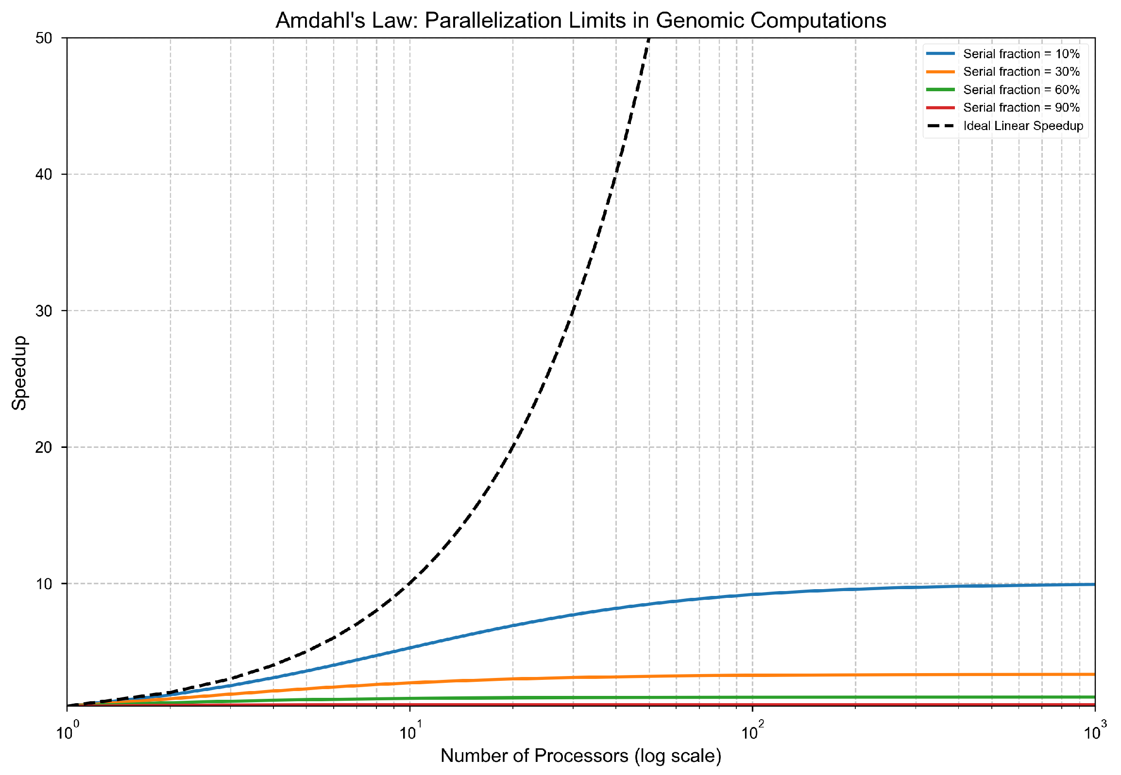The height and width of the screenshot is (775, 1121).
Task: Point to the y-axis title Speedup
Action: pyautogui.click(x=19, y=373)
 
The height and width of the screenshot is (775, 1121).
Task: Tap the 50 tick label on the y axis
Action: pyautogui.click(x=44, y=38)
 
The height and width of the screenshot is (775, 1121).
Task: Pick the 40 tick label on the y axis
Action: pyautogui.click(x=44, y=174)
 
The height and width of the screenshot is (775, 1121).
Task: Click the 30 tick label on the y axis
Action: pyautogui.click(x=44, y=311)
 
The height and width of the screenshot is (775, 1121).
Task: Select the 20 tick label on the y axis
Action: pyautogui.click(x=44, y=447)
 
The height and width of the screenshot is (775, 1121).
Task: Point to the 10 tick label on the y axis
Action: pyautogui.click(x=44, y=584)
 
